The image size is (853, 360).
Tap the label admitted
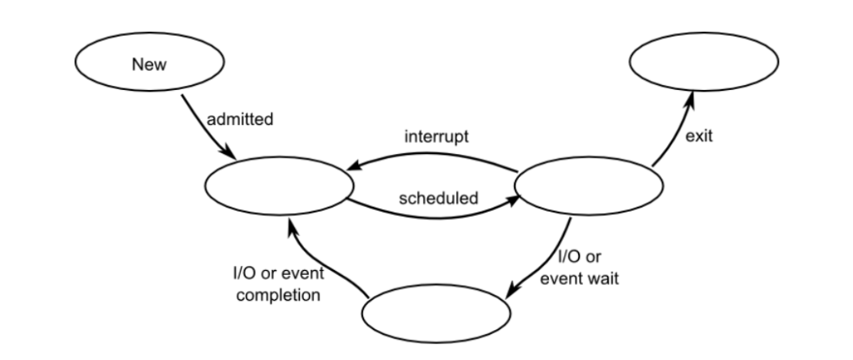click(240, 119)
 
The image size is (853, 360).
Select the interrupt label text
click(436, 137)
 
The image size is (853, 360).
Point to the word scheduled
click(438, 198)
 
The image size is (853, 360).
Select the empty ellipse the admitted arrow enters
click(276, 187)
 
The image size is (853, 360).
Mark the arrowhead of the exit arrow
click(690, 98)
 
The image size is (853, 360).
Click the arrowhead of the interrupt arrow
click(355, 167)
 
